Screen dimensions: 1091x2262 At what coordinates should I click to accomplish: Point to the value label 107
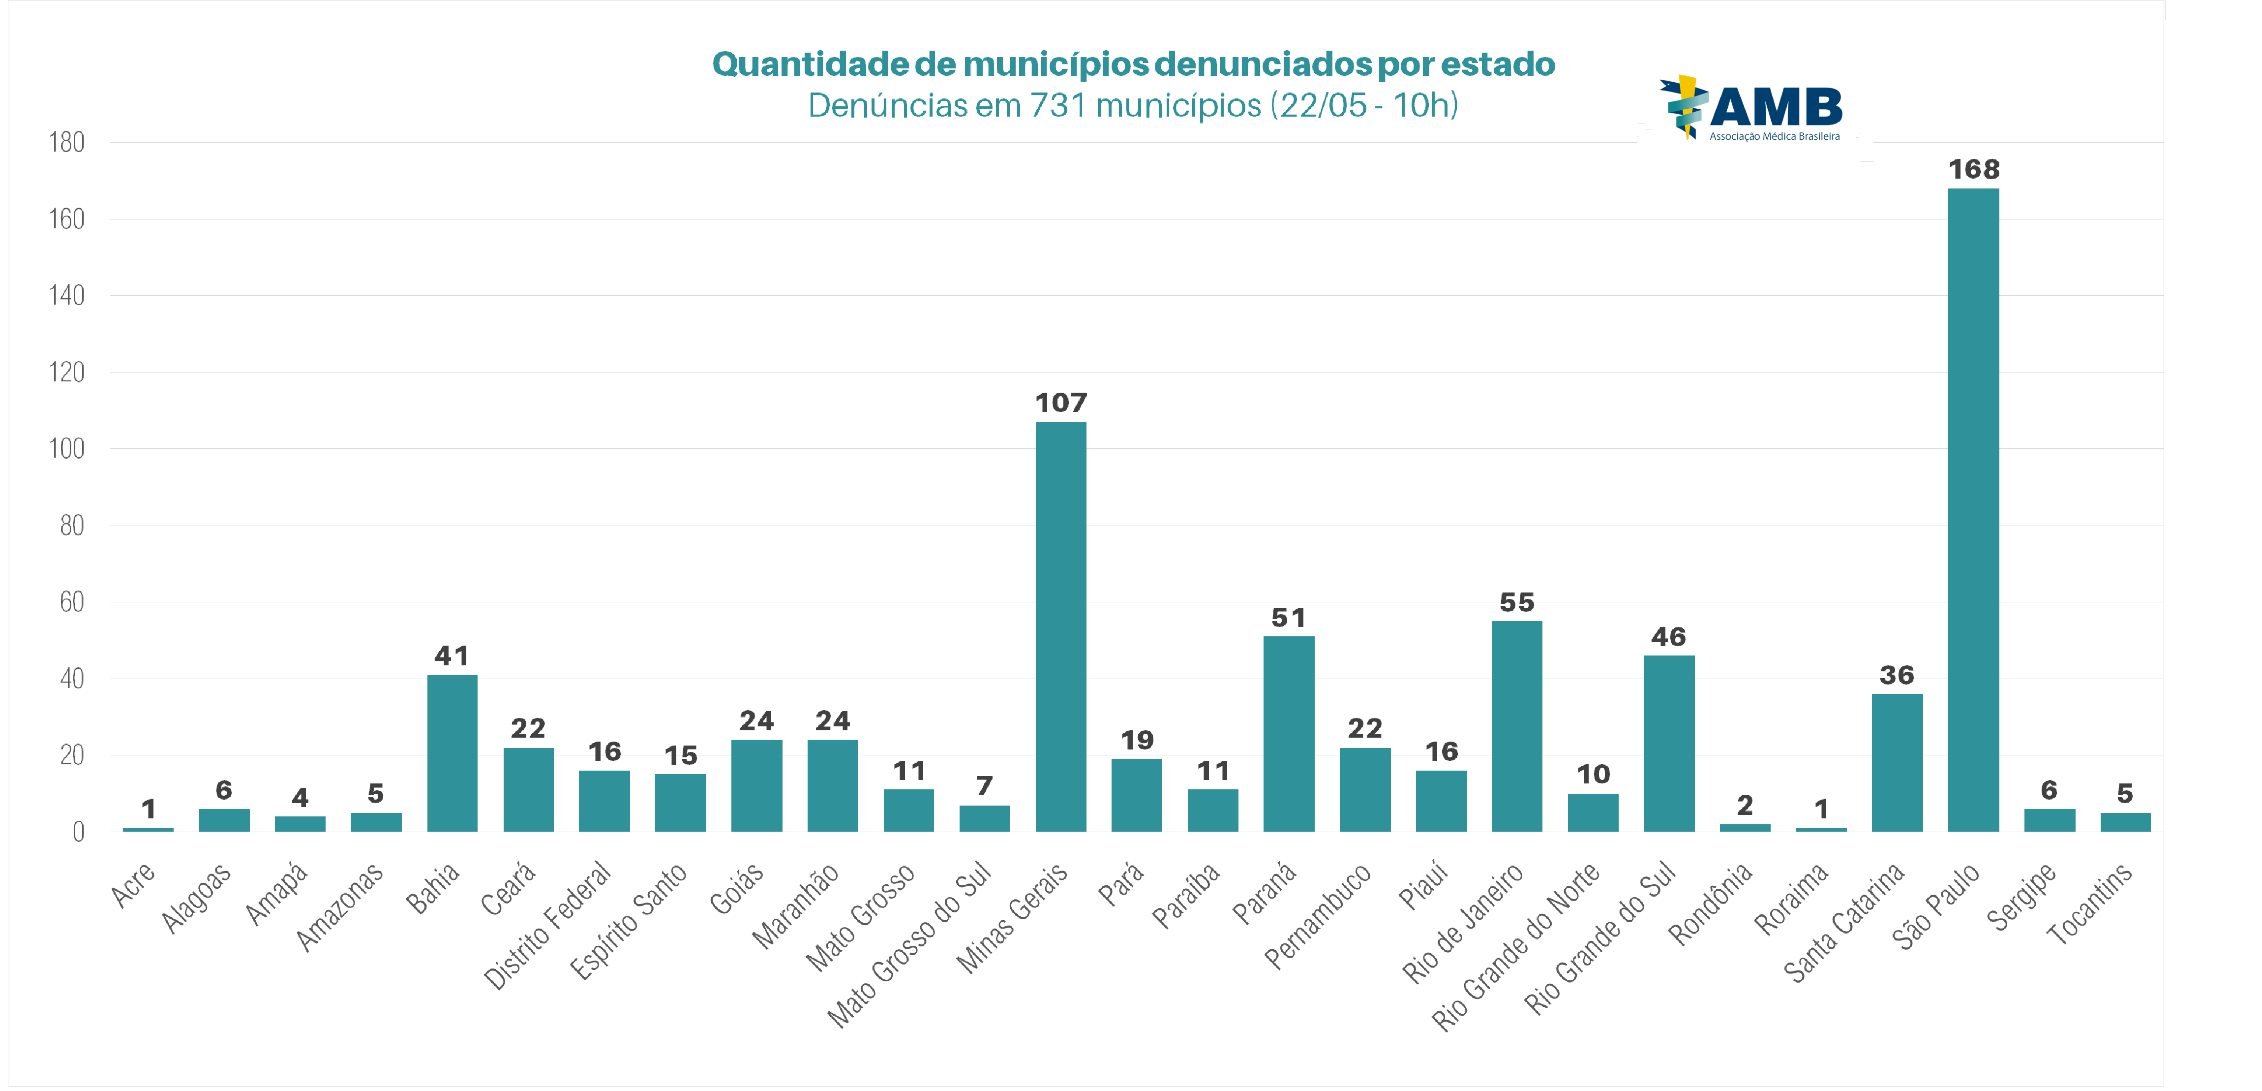[1061, 403]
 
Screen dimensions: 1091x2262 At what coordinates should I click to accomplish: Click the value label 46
[1668, 637]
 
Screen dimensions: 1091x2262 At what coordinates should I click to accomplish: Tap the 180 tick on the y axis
[67, 142]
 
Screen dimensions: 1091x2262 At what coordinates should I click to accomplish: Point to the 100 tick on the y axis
[67, 449]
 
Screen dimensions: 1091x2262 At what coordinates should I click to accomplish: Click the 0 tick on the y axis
[78, 832]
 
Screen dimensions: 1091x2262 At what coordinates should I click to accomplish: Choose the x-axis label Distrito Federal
[548, 925]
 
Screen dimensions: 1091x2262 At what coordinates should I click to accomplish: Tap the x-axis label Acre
[133, 885]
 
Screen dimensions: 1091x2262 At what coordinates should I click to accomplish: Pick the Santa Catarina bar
[1897, 762]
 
